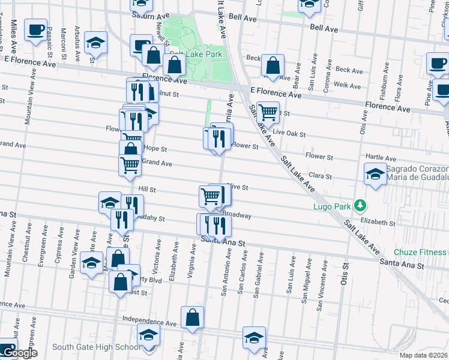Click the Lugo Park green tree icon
360,206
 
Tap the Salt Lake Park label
196,55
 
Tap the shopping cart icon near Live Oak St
268,111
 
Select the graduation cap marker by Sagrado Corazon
375,174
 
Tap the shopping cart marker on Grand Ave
130,164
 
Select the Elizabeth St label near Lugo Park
378,222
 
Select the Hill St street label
147,189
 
